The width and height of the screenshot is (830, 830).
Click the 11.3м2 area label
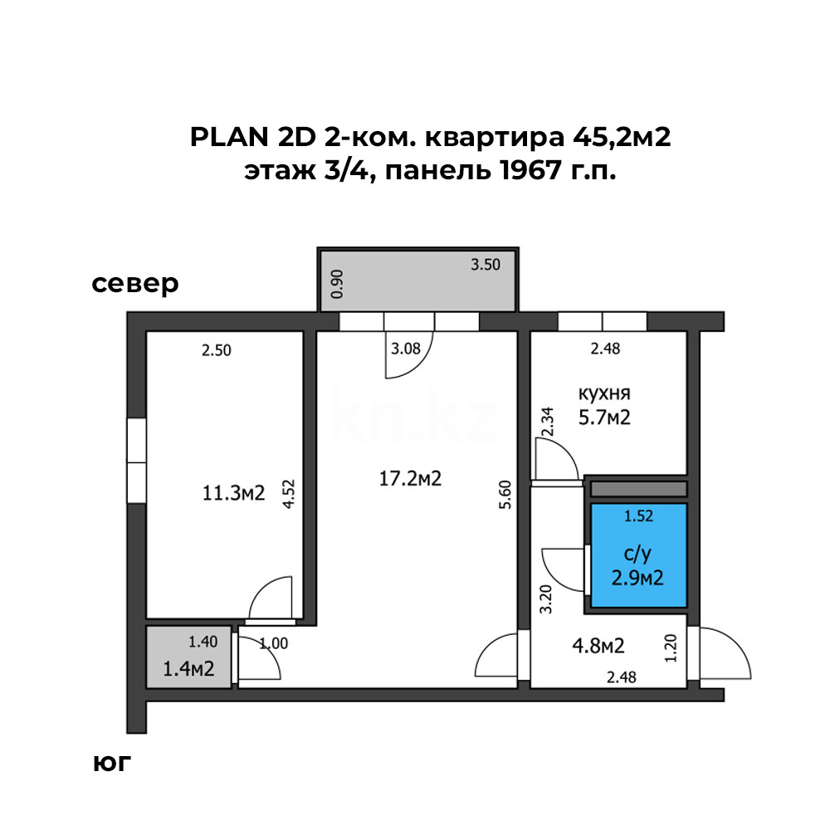click(233, 494)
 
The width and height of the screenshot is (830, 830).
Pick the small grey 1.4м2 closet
click(187, 657)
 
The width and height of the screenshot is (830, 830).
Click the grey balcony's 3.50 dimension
click(486, 266)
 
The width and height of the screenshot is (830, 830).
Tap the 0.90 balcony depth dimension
click(337, 284)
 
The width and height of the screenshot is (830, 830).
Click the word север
click(135, 284)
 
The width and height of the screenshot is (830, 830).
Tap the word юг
click(112, 763)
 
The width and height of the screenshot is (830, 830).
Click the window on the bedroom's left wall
click(136, 461)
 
